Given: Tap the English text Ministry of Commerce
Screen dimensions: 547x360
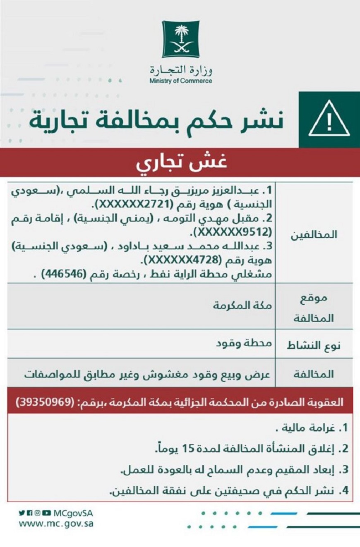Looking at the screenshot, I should (x=181, y=81).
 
